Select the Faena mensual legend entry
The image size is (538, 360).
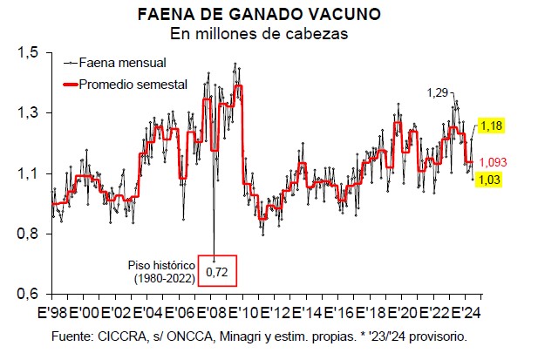pos(122,63)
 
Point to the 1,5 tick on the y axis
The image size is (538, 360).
pos(28,53)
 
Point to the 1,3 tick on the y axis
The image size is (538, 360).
pos(28,113)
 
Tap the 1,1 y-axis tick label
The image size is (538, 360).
pos(28,173)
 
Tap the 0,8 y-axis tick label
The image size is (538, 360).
pos(28,234)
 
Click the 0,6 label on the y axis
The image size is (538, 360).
pos(28,294)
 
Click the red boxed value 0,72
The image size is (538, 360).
pos(215,273)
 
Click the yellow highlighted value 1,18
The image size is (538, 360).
pos(493,126)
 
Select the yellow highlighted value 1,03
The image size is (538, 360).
pos(493,179)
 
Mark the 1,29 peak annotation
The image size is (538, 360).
pos(437,92)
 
